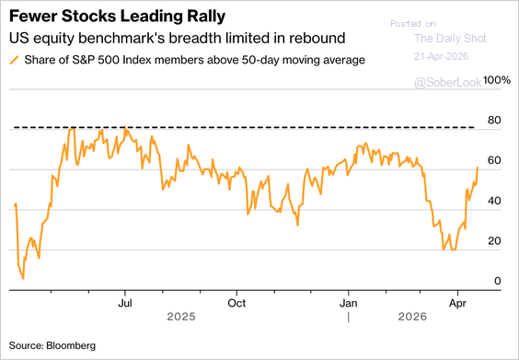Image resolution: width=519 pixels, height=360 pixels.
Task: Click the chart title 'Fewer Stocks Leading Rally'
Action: click(x=117, y=17)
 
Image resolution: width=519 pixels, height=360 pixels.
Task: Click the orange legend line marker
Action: click(x=14, y=60)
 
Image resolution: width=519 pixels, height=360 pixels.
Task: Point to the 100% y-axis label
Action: click(x=497, y=80)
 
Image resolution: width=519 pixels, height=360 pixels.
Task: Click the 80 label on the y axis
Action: click(x=494, y=121)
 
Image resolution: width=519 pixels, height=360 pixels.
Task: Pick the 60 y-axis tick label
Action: click(x=494, y=160)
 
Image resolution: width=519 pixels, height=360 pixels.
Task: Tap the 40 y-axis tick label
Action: click(x=494, y=201)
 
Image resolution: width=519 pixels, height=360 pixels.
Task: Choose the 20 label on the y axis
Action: click(x=494, y=241)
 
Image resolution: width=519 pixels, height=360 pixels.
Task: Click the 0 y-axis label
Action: click(x=498, y=281)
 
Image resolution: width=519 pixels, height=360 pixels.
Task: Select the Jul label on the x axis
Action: click(x=125, y=303)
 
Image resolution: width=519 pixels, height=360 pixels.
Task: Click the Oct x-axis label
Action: click(x=236, y=303)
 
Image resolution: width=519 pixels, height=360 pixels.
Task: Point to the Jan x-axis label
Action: click(x=349, y=303)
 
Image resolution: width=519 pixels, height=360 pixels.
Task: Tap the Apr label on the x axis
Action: click(x=457, y=303)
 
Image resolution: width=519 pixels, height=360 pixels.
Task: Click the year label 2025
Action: click(x=181, y=317)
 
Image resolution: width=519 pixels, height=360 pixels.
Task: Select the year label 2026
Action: click(x=412, y=317)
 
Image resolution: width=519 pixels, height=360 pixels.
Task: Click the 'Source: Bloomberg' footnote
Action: click(x=52, y=346)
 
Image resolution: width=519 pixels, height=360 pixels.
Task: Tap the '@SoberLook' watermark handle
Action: click(x=448, y=83)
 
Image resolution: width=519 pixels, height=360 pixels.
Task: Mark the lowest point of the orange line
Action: click(x=23, y=279)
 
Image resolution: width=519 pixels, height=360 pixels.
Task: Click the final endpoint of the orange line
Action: click(x=478, y=168)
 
